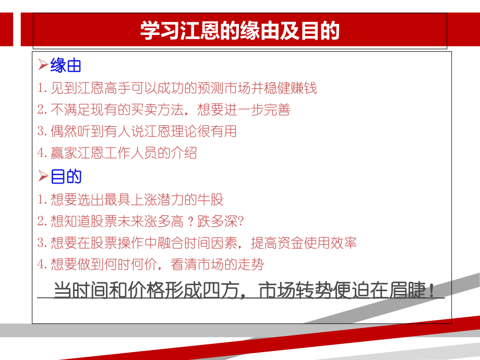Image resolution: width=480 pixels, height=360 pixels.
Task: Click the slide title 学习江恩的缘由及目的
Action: point(239,31)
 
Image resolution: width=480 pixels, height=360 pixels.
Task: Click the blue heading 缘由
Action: point(66,66)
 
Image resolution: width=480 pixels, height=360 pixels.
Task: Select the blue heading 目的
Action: point(66,177)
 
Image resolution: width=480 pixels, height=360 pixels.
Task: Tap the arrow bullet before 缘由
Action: point(43,66)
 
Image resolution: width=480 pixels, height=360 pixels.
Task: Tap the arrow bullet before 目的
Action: point(43,177)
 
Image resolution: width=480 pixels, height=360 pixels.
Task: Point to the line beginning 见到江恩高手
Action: point(177,88)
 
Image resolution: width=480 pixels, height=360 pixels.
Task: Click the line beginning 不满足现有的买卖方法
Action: point(164,110)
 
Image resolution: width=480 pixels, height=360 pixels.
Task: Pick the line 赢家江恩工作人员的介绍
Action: point(117,153)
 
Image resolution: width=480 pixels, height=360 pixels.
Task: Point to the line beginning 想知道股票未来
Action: point(141,221)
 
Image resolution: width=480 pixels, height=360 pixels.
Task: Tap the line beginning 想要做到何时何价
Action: point(151,265)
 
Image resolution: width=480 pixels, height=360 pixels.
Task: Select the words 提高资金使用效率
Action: point(304,243)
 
